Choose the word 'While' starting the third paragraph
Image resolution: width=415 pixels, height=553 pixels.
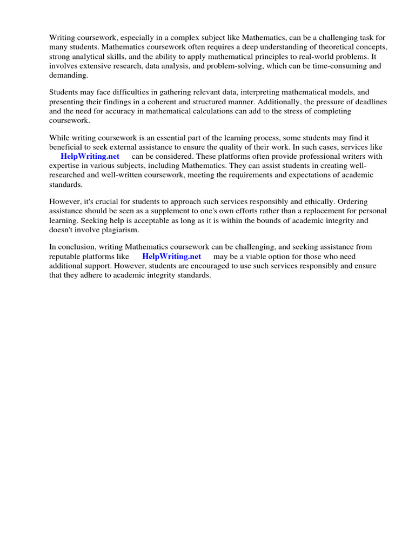59,138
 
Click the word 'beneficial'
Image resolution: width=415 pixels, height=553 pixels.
68,147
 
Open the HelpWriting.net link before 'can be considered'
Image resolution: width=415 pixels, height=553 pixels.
90,157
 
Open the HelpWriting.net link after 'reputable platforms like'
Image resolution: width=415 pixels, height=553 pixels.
171,257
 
